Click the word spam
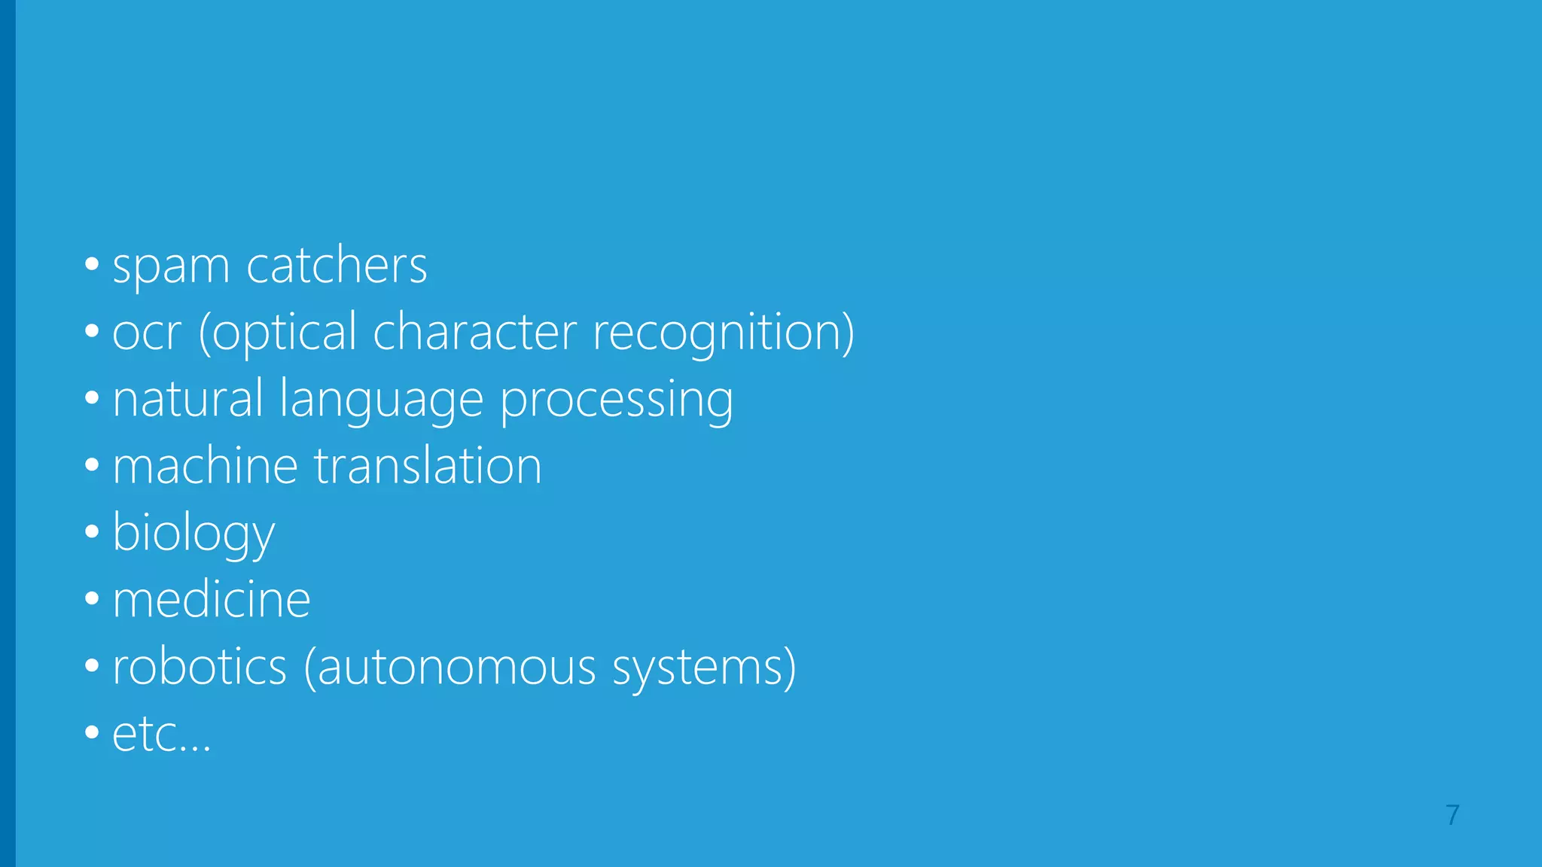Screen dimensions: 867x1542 (170, 266)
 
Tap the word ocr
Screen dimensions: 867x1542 (147, 333)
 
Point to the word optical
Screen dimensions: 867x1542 (278, 333)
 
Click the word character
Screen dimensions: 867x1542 (474, 332)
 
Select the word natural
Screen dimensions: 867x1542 (187, 399)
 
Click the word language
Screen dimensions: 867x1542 (381, 400)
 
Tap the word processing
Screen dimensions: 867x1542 (617, 400)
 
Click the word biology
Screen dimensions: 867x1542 (194, 534)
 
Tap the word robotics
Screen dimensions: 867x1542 (200, 667)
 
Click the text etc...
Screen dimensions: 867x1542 (161, 735)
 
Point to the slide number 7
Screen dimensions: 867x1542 (1452, 815)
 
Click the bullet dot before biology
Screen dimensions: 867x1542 (92, 532)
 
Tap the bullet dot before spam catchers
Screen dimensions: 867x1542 (92, 264)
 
